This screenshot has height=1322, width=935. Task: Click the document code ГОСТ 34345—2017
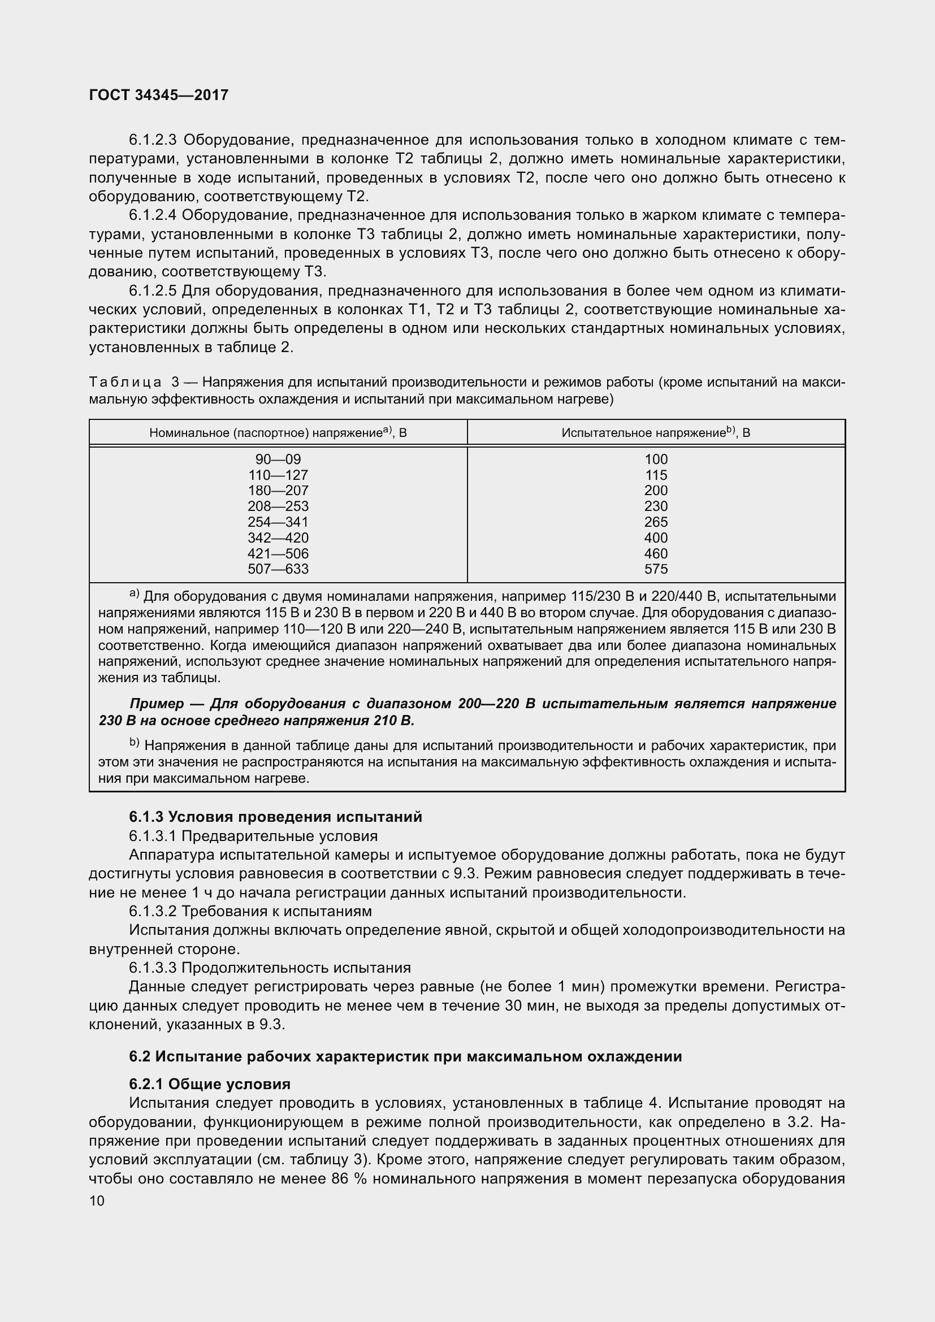click(x=159, y=95)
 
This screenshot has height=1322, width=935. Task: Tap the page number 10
click(x=97, y=1200)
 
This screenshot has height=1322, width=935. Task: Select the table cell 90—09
click(x=278, y=459)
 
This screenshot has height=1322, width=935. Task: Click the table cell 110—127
click(x=278, y=475)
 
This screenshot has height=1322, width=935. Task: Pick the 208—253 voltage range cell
click(x=278, y=506)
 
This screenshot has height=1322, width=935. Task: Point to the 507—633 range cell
click(x=278, y=569)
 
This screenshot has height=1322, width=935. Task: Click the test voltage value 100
click(x=656, y=459)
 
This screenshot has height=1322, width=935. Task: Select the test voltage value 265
click(x=656, y=522)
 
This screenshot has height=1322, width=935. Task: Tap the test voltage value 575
click(x=656, y=569)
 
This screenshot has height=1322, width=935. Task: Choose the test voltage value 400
click(x=656, y=538)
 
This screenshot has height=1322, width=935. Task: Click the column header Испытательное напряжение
click(x=656, y=432)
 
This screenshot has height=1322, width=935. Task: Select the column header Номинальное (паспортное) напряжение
click(x=278, y=432)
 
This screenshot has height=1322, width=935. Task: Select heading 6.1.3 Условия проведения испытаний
click(x=275, y=817)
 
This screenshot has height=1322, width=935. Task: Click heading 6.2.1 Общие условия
click(x=210, y=1084)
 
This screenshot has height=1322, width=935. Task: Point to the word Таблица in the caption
click(x=125, y=382)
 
